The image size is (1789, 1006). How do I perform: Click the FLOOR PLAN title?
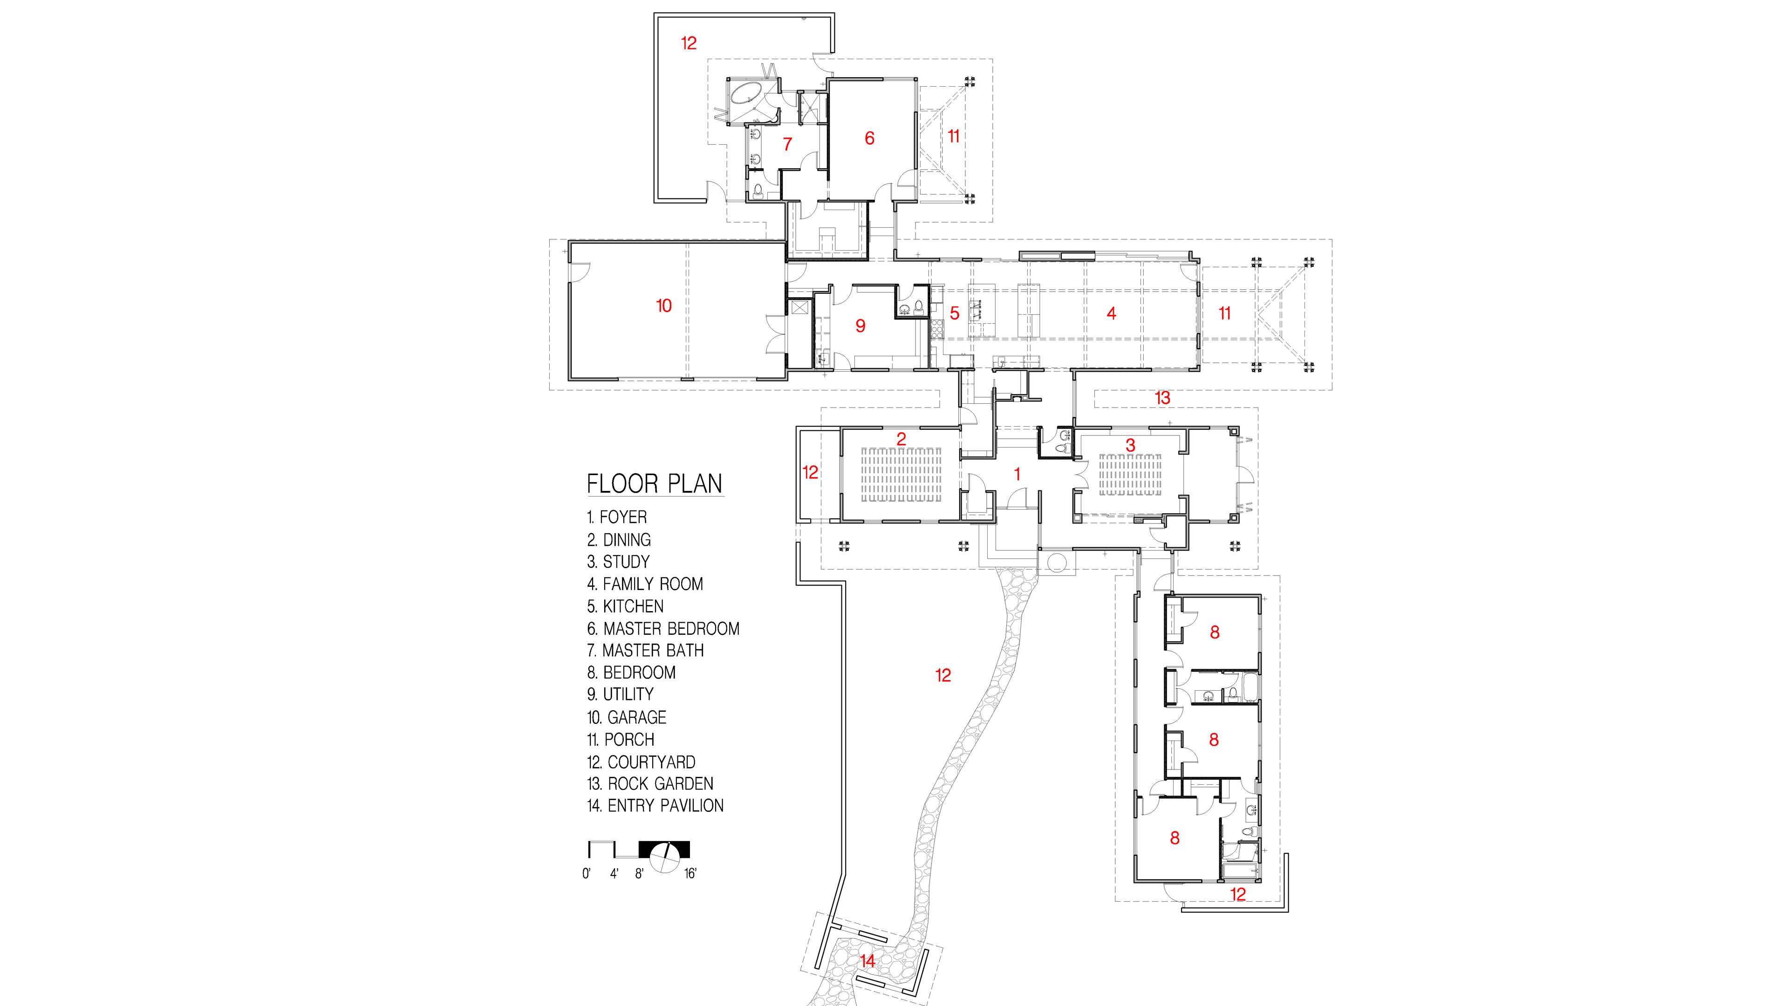[655, 484]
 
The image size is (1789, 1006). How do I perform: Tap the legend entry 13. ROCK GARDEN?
[650, 784]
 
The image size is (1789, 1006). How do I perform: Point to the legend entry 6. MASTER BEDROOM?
[663, 629]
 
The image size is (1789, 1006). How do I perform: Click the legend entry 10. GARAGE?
[627, 717]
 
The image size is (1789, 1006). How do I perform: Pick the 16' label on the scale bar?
[690, 873]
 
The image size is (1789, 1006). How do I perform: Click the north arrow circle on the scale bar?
[665, 857]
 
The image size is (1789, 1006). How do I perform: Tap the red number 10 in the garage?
[664, 306]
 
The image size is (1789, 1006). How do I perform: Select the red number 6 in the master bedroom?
[869, 138]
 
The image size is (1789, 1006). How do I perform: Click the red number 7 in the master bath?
[787, 144]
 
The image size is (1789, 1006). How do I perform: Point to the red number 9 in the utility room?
[860, 326]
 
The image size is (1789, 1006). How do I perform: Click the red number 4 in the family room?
[1111, 313]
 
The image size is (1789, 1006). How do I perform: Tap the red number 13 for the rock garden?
[1162, 398]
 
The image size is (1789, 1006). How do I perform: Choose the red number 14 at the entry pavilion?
[867, 962]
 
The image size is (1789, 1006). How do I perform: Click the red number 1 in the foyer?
[1017, 474]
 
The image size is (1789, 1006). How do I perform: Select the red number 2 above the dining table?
[901, 439]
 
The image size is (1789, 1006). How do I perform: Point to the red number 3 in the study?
[1131, 445]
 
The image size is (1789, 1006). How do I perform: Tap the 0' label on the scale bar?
[587, 873]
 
